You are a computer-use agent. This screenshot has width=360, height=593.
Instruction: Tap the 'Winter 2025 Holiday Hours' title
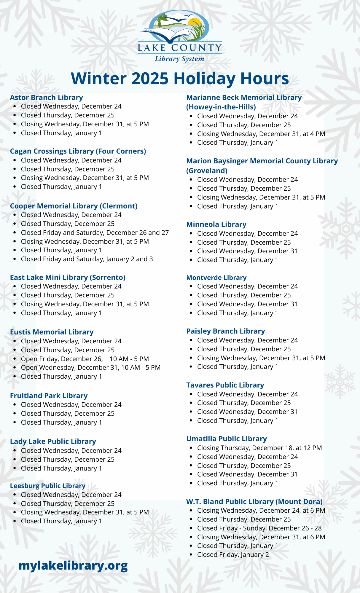click(x=180, y=79)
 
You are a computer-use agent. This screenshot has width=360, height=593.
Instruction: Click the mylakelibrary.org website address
click(x=73, y=565)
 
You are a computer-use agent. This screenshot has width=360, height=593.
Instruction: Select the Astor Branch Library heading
click(x=47, y=98)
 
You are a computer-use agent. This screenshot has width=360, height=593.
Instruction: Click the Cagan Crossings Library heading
click(x=78, y=151)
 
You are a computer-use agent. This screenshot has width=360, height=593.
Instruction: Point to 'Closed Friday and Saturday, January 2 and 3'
click(x=87, y=259)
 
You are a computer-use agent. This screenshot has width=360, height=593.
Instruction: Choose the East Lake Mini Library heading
click(x=68, y=278)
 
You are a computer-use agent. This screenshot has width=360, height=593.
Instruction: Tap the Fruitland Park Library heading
click(x=49, y=396)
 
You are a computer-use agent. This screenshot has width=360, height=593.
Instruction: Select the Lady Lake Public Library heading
click(x=53, y=441)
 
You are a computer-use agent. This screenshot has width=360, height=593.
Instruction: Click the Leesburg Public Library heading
click(x=48, y=486)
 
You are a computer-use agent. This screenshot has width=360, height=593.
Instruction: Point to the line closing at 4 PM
click(x=261, y=134)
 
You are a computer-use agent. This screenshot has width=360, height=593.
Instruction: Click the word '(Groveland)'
click(x=207, y=171)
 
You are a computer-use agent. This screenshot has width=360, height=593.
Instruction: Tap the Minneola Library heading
click(x=216, y=224)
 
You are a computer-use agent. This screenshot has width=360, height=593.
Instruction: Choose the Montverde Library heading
click(x=216, y=278)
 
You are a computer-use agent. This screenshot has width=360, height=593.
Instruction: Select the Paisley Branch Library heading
click(x=225, y=331)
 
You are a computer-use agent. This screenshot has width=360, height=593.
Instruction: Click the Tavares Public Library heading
click(x=225, y=385)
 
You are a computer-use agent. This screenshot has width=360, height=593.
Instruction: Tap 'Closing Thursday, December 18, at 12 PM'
click(x=259, y=448)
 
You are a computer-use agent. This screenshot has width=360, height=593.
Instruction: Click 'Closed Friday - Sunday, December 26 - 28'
click(x=259, y=528)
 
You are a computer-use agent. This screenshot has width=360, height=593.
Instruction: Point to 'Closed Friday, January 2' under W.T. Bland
click(x=233, y=555)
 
